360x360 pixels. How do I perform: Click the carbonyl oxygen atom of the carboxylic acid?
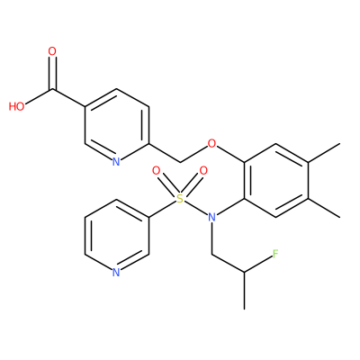(52, 51)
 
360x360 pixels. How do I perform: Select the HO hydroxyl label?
(17, 106)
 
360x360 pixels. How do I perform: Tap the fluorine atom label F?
(275, 254)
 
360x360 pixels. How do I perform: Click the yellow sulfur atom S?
(179, 198)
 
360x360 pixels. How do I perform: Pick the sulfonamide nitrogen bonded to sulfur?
(212, 217)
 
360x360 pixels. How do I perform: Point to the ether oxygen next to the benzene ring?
(211, 144)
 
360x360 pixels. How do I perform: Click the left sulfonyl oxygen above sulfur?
(156, 171)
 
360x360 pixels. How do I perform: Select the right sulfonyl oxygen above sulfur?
(203, 171)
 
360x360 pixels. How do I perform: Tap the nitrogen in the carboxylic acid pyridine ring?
(116, 162)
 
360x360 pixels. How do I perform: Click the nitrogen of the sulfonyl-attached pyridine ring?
(116, 273)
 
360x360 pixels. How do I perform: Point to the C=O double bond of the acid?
(52, 73)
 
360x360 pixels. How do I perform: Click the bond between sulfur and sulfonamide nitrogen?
(195, 208)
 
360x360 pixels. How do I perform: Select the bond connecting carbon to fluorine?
(258, 264)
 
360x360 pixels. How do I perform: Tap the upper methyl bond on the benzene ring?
(324, 153)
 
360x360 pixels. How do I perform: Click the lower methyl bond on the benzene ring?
(324, 208)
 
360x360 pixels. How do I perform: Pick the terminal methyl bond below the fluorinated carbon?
(245, 291)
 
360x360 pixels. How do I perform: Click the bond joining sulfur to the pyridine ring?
(162, 209)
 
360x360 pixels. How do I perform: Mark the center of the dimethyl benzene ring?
(276, 180)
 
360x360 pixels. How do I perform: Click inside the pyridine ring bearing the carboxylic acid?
(117, 125)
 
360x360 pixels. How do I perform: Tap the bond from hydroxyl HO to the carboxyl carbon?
(39, 96)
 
